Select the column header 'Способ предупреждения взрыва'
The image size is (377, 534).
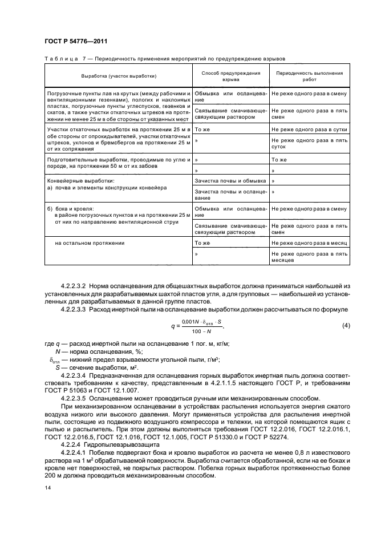point(230,77)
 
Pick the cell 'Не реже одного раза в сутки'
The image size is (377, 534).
point(309,130)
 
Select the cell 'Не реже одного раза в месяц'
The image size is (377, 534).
point(309,243)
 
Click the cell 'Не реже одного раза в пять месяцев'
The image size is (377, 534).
point(309,257)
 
